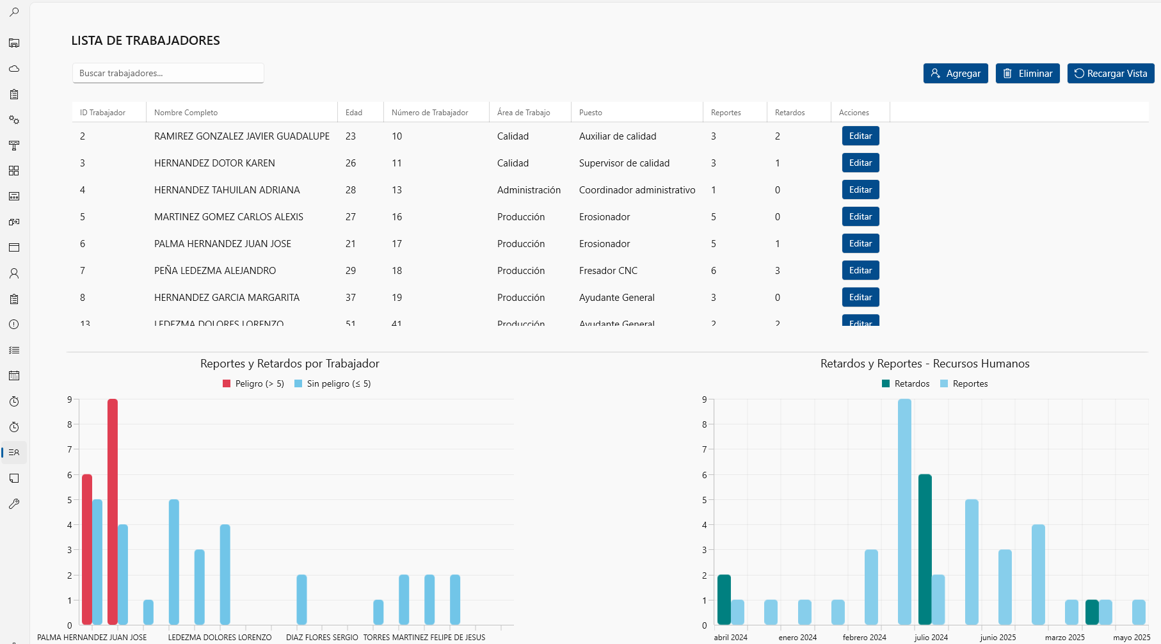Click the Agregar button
pos(956,74)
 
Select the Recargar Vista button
pos(1110,74)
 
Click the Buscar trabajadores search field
pos(168,73)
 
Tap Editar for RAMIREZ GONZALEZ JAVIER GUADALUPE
pos(860,136)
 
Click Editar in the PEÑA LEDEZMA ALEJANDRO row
pos(860,271)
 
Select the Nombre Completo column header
pos(186,113)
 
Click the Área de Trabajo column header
pos(524,113)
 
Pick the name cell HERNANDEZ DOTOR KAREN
pos(214,163)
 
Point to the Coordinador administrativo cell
pos(637,190)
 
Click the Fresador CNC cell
pos(608,271)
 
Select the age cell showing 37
pos(351,298)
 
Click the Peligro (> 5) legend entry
pos(253,384)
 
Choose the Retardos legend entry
pos(906,384)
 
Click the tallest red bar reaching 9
pos(113,512)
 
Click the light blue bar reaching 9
pos(904,512)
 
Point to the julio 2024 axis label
pos(931,638)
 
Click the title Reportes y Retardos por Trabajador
pos(289,364)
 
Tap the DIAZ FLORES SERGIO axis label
pos(322,638)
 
